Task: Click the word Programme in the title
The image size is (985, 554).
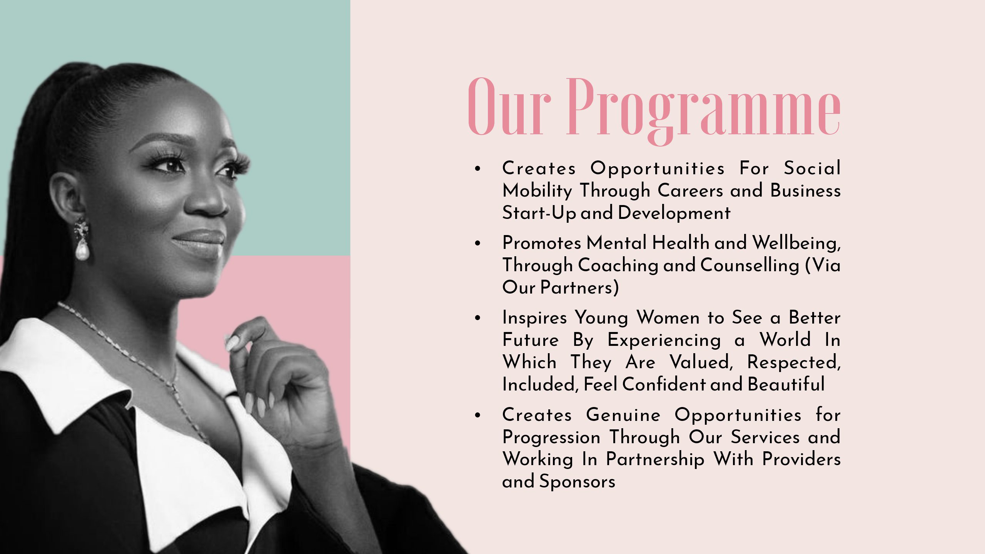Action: (703, 111)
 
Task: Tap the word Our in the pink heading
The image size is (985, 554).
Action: (509, 107)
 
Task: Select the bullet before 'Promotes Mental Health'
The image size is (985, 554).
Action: (478, 243)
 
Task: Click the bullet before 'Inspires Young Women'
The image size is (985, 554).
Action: (478, 318)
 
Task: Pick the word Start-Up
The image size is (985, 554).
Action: (539, 213)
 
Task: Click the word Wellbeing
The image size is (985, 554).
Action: (796, 243)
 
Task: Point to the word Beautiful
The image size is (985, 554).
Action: (786, 384)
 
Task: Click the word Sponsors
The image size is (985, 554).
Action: (577, 482)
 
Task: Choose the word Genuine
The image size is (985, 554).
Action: (623, 415)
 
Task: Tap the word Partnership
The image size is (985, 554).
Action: (655, 460)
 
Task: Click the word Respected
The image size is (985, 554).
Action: (794, 363)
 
